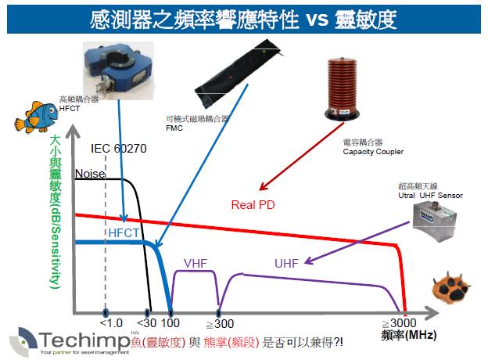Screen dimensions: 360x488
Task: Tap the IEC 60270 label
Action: [119, 149]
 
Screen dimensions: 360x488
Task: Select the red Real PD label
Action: [252, 206]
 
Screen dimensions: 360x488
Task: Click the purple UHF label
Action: [286, 263]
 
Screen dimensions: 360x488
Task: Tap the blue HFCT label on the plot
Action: [124, 233]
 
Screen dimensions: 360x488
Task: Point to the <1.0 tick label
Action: [109, 323]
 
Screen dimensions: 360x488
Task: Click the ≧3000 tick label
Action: [400, 323]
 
